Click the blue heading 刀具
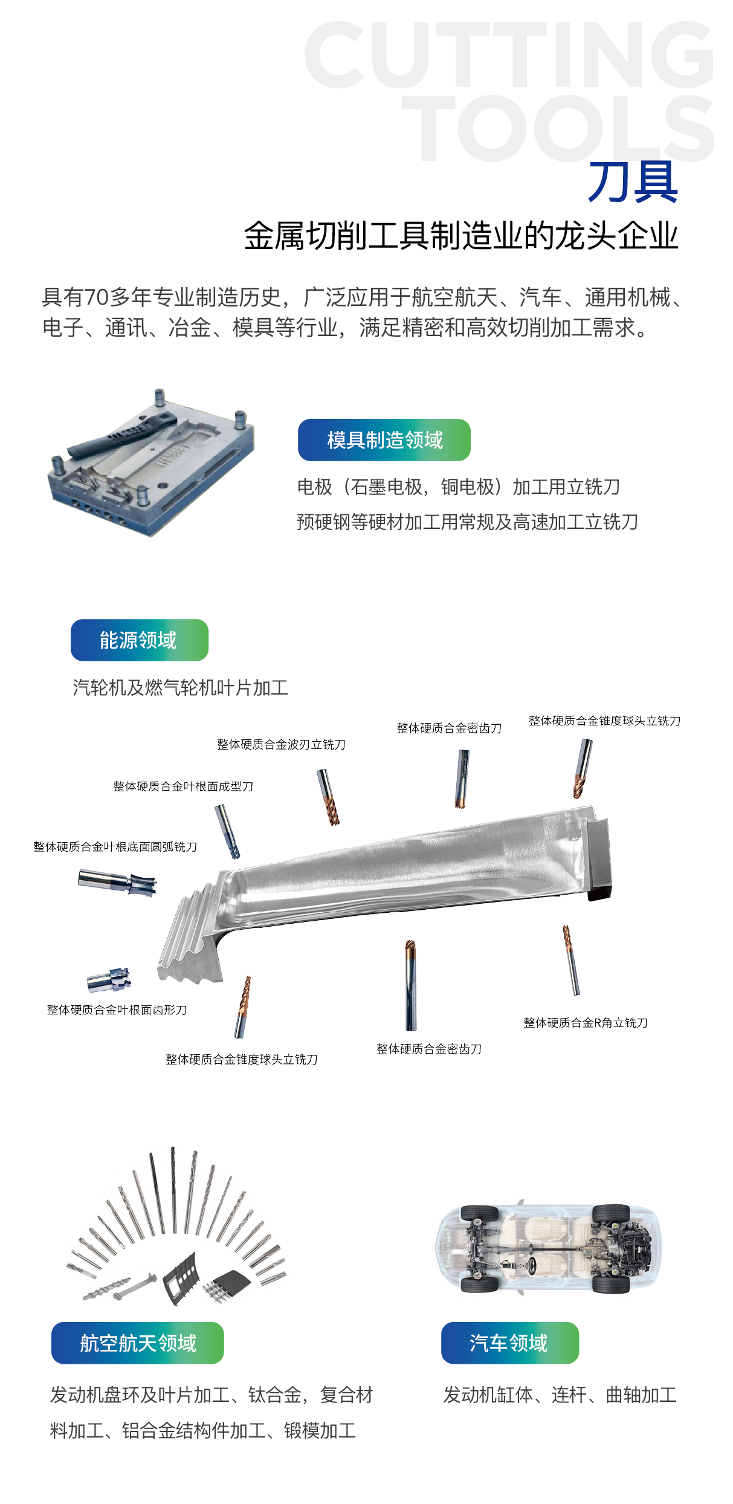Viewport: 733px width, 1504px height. [633, 182]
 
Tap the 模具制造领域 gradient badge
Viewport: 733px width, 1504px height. [384, 440]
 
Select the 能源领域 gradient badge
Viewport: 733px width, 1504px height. [140, 640]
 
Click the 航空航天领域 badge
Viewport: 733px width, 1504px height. [138, 1343]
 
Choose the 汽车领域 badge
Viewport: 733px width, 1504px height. [509, 1343]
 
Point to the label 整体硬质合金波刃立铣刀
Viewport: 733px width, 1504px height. [282, 745]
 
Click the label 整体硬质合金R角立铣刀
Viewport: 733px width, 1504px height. [586, 1023]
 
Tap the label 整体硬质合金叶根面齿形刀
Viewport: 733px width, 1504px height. [117, 1010]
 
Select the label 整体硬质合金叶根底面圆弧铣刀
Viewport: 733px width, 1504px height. [115, 847]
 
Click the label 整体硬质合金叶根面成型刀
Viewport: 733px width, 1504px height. [183, 786]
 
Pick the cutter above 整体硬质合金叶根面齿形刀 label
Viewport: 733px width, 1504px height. [109, 979]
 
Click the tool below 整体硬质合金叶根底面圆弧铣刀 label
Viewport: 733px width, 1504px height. [117, 883]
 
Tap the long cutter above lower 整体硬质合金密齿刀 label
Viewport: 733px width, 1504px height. [411, 985]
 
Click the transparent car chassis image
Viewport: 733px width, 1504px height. [548, 1248]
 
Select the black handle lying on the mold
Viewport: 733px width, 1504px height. [121, 436]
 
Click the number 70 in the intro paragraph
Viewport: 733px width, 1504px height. [96, 297]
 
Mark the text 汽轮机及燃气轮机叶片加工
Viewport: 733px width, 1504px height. [180, 688]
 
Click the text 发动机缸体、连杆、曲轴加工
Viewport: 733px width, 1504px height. [560, 1395]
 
